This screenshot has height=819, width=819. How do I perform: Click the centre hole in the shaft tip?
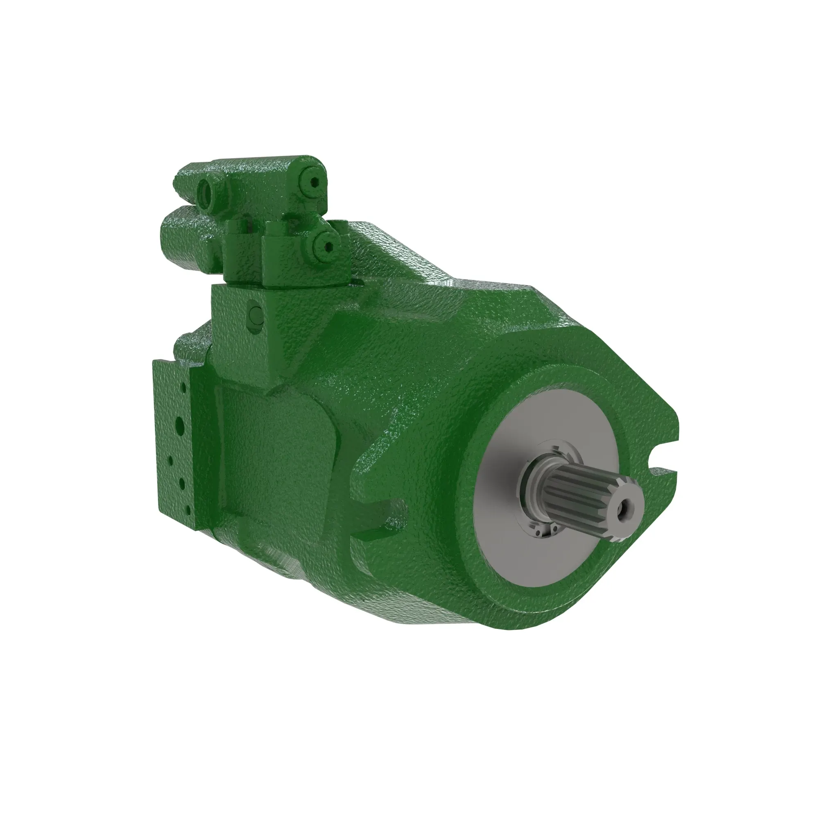tap(624, 506)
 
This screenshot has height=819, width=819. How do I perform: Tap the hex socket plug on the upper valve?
tap(314, 183)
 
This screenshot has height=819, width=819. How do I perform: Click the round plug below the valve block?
tap(256, 314)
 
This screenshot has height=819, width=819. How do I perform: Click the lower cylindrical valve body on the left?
tap(186, 242)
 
